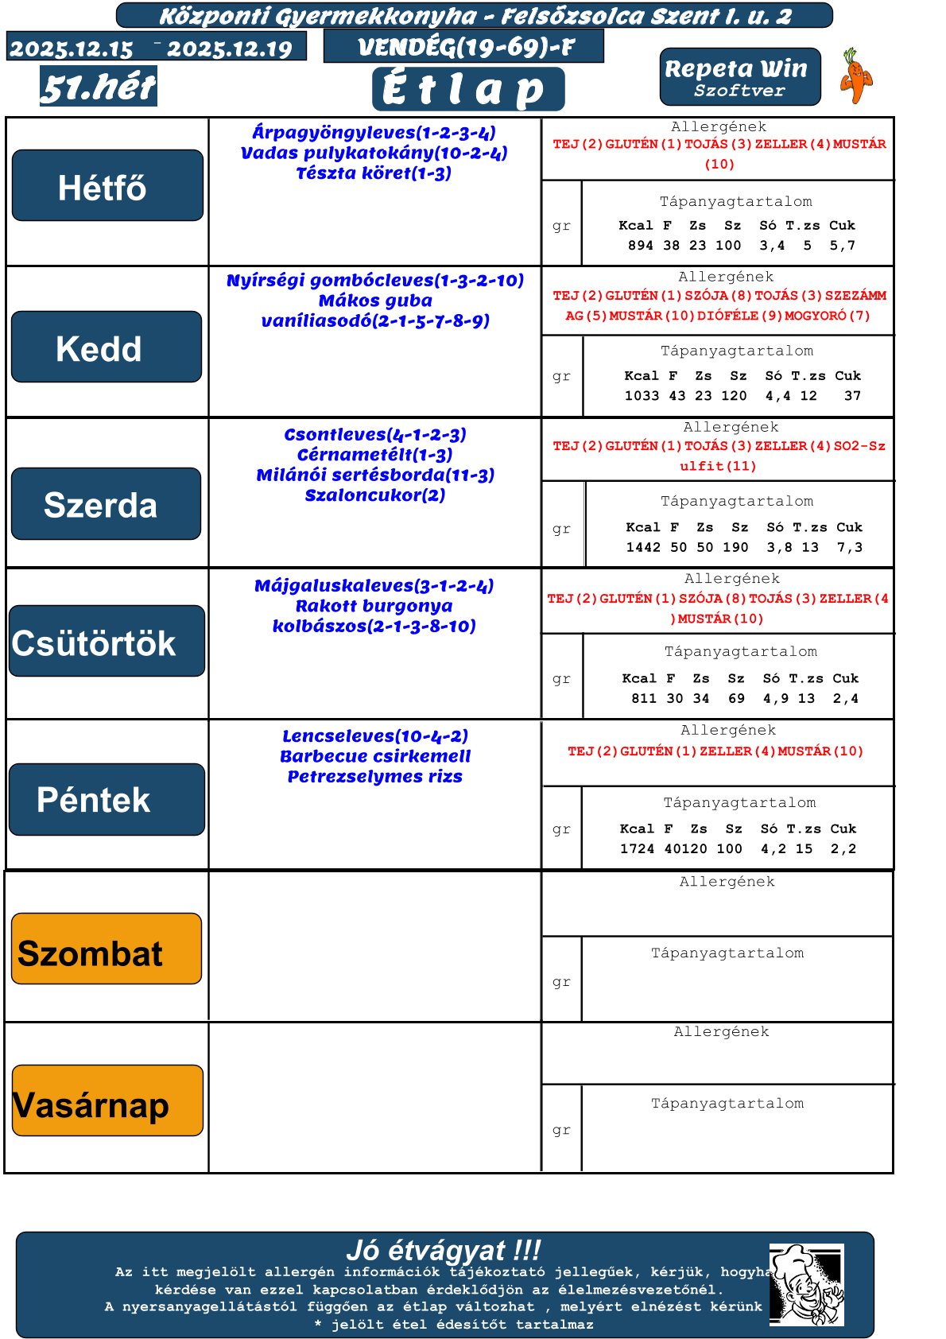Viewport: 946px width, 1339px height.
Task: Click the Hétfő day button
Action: (107, 185)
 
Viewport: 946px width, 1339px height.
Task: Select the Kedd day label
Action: (107, 347)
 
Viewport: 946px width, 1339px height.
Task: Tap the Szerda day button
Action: (106, 504)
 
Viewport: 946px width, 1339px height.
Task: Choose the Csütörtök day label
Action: (107, 641)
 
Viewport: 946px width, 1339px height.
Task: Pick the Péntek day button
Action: (107, 799)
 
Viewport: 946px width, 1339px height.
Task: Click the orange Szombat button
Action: (107, 949)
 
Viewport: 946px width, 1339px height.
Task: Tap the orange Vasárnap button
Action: (107, 1100)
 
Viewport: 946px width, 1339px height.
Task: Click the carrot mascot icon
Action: (855, 76)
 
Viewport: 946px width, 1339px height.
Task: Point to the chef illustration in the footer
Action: (806, 1285)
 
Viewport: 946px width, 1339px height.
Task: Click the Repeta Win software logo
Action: (739, 77)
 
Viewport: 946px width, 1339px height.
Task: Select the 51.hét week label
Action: (99, 87)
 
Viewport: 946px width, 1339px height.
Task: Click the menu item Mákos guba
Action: (375, 301)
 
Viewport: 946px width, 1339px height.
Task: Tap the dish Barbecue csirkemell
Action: (375, 756)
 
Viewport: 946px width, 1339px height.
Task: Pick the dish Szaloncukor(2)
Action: (375, 495)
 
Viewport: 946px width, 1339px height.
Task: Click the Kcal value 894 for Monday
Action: (640, 246)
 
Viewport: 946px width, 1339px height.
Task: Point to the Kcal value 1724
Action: (637, 849)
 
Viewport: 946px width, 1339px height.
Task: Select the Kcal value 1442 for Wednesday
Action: (643, 548)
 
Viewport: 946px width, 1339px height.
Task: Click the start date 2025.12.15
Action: (72, 49)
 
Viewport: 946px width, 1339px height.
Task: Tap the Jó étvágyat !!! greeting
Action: (444, 1251)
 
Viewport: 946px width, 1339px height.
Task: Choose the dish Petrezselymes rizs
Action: (375, 777)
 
